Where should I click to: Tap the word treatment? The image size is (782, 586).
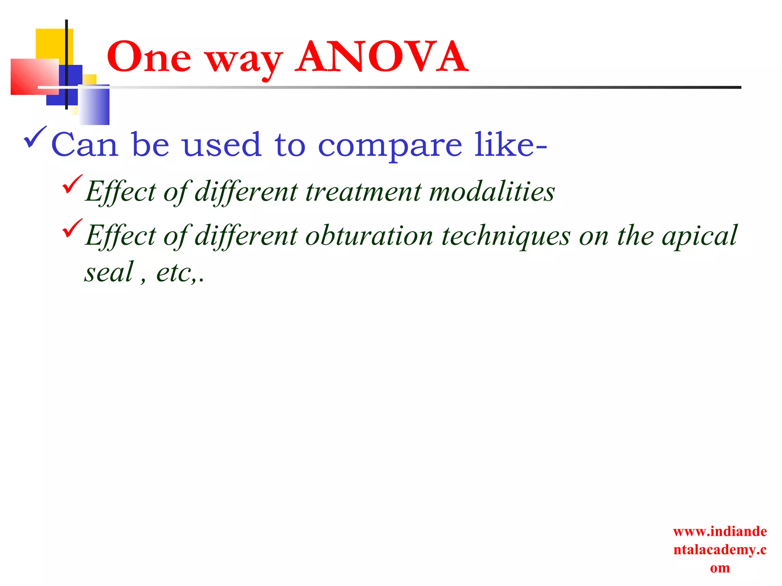pos(363,192)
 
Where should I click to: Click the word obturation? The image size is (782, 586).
pos(369,236)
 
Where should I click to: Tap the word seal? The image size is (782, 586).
pos(109,272)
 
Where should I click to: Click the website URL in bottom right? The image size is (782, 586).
pos(720,549)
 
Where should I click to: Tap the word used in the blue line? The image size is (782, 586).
pos(221,145)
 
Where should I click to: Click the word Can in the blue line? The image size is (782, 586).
pos(84,145)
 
